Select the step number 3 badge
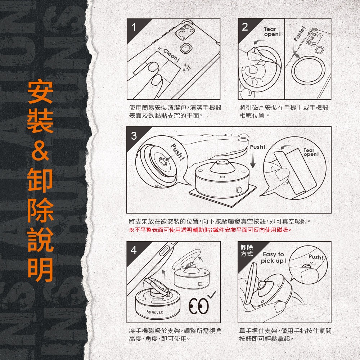[x=134, y=136]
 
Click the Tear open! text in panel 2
[x=272, y=32]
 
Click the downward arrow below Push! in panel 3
[x=253, y=160]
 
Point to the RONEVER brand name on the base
[x=155, y=312]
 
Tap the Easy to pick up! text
[x=273, y=257]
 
